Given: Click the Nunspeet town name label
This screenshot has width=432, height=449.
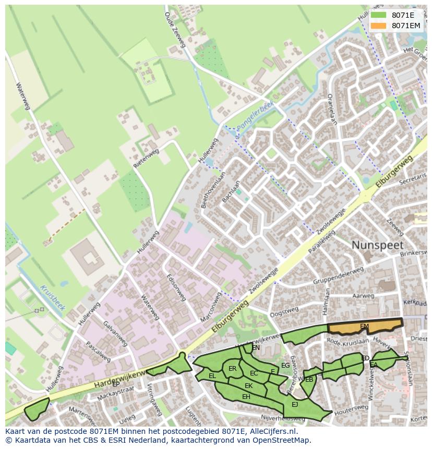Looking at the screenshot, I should [x=378, y=245].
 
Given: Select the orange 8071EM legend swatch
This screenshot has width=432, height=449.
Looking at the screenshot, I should [x=379, y=25].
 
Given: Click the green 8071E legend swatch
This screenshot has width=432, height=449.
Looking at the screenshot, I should [x=379, y=15].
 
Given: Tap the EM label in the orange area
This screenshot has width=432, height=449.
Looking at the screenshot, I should [x=364, y=326].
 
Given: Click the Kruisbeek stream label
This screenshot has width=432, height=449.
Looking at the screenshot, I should [x=52, y=297].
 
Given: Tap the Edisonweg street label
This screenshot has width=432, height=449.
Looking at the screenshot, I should [x=176, y=288].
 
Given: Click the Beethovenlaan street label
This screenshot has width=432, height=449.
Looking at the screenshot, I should [x=211, y=188].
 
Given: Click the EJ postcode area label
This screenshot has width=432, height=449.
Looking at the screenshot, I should [x=295, y=404].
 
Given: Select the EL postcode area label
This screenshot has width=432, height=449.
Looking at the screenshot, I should [x=212, y=376].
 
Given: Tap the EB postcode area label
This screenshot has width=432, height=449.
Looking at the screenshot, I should [x=309, y=379].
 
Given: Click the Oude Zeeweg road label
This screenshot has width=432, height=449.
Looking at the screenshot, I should [x=175, y=30].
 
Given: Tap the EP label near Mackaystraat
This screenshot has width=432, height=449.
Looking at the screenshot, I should [x=116, y=384].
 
